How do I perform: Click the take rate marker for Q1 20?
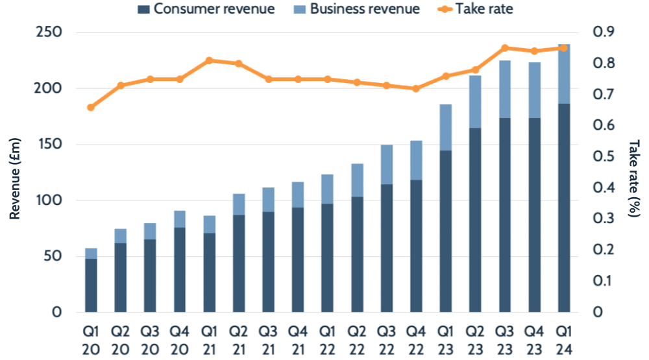(x=91, y=107)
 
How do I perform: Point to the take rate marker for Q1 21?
(x=209, y=60)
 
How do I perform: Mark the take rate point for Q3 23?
(x=504, y=48)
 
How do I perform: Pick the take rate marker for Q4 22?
(x=416, y=88)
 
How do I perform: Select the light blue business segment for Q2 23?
(x=475, y=102)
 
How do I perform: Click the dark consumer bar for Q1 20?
(x=91, y=285)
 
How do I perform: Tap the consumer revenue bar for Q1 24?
(x=563, y=208)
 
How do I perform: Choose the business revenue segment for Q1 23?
(x=445, y=127)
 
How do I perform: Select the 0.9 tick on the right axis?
(x=605, y=32)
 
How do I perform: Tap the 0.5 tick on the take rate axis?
(x=605, y=156)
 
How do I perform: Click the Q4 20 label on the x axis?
(x=180, y=339)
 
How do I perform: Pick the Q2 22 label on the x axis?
(x=357, y=339)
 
